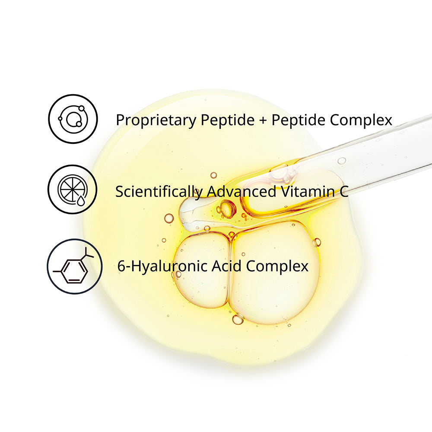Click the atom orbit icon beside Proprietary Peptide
pos(73,118)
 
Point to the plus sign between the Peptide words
pos(263,120)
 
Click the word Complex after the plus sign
pos(361,120)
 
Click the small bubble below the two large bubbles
pos(238,319)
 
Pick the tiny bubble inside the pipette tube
pos(341,161)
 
